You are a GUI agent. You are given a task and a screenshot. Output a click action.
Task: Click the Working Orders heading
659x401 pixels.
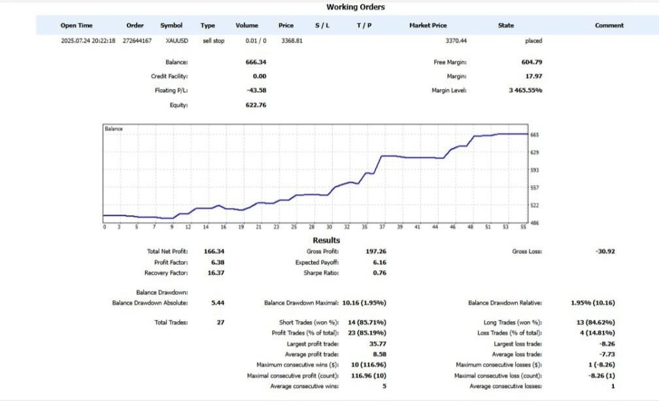(x=355, y=7)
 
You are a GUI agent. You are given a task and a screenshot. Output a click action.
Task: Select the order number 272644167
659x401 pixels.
(x=137, y=41)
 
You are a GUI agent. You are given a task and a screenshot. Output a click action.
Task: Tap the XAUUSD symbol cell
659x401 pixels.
(x=177, y=41)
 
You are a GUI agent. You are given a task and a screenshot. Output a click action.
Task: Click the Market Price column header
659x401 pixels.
(x=428, y=26)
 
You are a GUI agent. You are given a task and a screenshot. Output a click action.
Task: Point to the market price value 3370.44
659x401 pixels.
(x=456, y=41)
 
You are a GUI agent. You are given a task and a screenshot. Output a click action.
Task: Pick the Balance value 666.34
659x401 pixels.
(x=256, y=62)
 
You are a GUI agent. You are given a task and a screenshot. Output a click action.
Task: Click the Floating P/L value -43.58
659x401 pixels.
(x=255, y=90)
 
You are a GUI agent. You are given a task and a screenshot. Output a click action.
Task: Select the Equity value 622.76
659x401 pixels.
(x=256, y=105)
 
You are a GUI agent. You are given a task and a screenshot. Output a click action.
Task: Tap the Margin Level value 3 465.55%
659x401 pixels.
(x=525, y=90)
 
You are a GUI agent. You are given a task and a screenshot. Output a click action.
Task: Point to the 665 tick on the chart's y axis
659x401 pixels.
(x=535, y=135)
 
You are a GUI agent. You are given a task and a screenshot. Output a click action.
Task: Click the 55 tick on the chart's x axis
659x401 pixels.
(x=523, y=227)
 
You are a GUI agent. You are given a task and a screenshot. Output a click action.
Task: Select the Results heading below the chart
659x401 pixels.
(x=326, y=241)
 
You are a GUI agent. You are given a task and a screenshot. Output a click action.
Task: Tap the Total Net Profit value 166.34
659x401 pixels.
(x=214, y=251)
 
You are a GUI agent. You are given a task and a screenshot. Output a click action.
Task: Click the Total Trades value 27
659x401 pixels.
(x=220, y=322)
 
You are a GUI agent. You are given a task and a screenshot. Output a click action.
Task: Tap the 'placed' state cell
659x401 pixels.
(x=533, y=41)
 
